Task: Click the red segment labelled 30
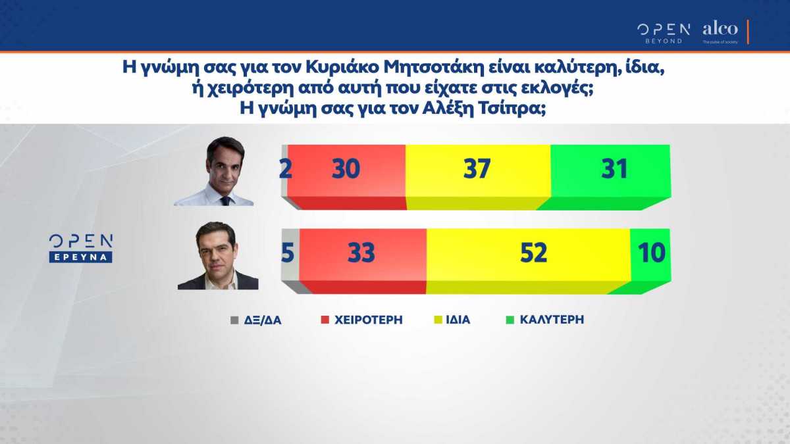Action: click(x=346, y=170)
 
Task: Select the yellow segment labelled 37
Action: click(x=477, y=170)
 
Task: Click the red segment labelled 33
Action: click(x=361, y=253)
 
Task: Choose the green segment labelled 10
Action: click(x=651, y=253)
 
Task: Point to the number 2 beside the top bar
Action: click(x=285, y=170)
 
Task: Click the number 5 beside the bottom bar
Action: click(x=288, y=253)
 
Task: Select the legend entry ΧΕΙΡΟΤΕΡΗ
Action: click(x=368, y=320)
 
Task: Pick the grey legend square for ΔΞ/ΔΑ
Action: click(x=233, y=320)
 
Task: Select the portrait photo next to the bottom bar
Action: click(x=217, y=256)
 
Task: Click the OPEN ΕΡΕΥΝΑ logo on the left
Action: click(x=82, y=248)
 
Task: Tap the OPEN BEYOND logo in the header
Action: click(x=663, y=32)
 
